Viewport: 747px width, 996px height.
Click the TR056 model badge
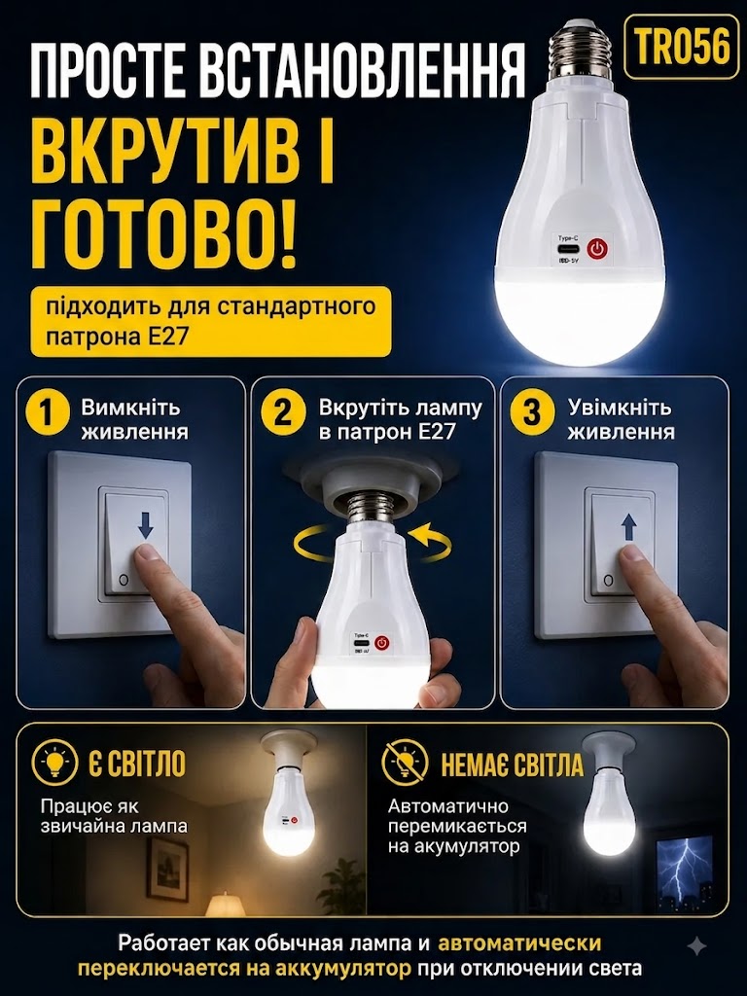(x=683, y=47)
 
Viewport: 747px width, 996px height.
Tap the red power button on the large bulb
(x=596, y=248)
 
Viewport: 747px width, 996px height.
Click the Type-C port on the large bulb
(x=563, y=248)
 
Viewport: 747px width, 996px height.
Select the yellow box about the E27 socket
(x=211, y=321)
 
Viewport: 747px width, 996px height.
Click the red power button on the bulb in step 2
(x=380, y=642)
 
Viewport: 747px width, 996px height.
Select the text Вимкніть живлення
(x=134, y=419)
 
